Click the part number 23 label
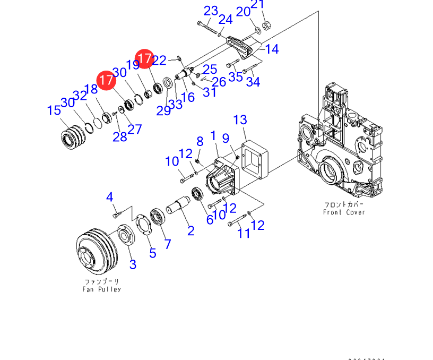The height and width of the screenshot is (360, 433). coord(211,11)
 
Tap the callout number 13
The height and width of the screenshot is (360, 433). coord(240,120)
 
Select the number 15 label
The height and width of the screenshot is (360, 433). coord(54,110)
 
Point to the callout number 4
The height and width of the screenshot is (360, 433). coord(110,198)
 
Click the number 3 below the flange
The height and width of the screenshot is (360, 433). coord(133,264)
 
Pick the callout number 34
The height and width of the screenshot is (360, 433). coord(253,82)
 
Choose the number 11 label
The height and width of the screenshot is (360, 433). coord(244,233)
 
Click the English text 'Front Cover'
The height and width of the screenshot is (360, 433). coord(344,212)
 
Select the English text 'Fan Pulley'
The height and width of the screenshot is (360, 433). coord(101,289)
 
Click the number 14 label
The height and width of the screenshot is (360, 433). coord(272,49)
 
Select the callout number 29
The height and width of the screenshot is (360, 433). coord(163,110)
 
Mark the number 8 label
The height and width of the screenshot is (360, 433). coord(200,141)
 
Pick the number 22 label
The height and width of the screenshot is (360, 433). coord(159,61)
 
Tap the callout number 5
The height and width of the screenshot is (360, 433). coord(153,253)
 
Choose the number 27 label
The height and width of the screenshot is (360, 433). coord(135,129)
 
